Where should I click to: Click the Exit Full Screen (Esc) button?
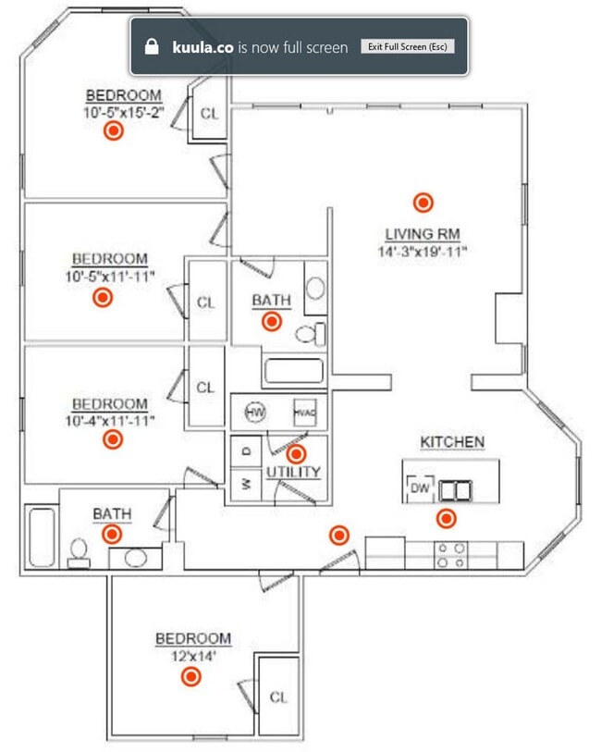coord(407,46)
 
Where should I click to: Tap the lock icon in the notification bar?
coord(153,46)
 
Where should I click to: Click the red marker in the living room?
coord(423,202)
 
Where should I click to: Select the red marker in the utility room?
coord(296,453)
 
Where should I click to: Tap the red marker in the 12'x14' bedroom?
coord(191,677)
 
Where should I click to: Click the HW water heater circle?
coord(255,412)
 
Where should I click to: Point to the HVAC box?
coord(305,413)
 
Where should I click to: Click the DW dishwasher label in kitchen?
coord(420,487)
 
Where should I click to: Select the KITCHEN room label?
coord(452,442)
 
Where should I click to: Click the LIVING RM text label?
coord(423,234)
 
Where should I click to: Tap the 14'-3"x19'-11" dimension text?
coord(423,251)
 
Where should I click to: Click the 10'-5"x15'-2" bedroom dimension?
coord(123,111)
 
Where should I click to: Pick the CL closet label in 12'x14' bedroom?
coord(278,697)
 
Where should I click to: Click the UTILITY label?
coord(294,473)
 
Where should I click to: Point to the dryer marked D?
coord(245,451)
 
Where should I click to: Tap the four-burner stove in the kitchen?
coord(451,554)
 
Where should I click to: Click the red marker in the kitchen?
coord(446,518)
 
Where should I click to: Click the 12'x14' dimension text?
coord(192,655)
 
